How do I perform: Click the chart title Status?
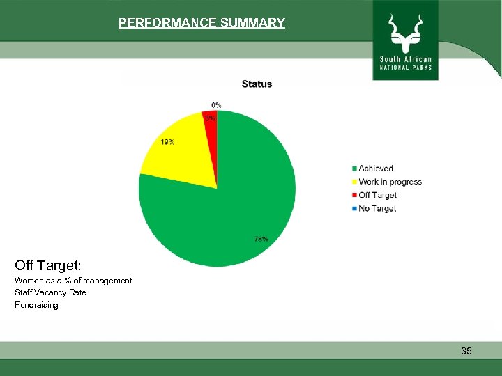point(257,84)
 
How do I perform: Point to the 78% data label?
point(261,239)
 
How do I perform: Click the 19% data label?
point(167,142)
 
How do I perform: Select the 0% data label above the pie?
point(217,105)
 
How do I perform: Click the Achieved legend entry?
point(375,169)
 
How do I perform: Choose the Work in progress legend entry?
point(389,182)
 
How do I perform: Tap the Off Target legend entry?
point(376,196)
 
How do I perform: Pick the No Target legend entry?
point(376,209)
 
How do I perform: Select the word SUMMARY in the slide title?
point(252,23)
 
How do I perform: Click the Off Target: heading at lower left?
point(48,265)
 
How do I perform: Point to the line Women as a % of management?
point(73,281)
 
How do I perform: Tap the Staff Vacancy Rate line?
point(50,292)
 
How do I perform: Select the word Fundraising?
point(36,305)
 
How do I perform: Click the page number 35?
point(466,352)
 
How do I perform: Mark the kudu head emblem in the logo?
point(406,31)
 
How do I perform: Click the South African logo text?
point(406,58)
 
